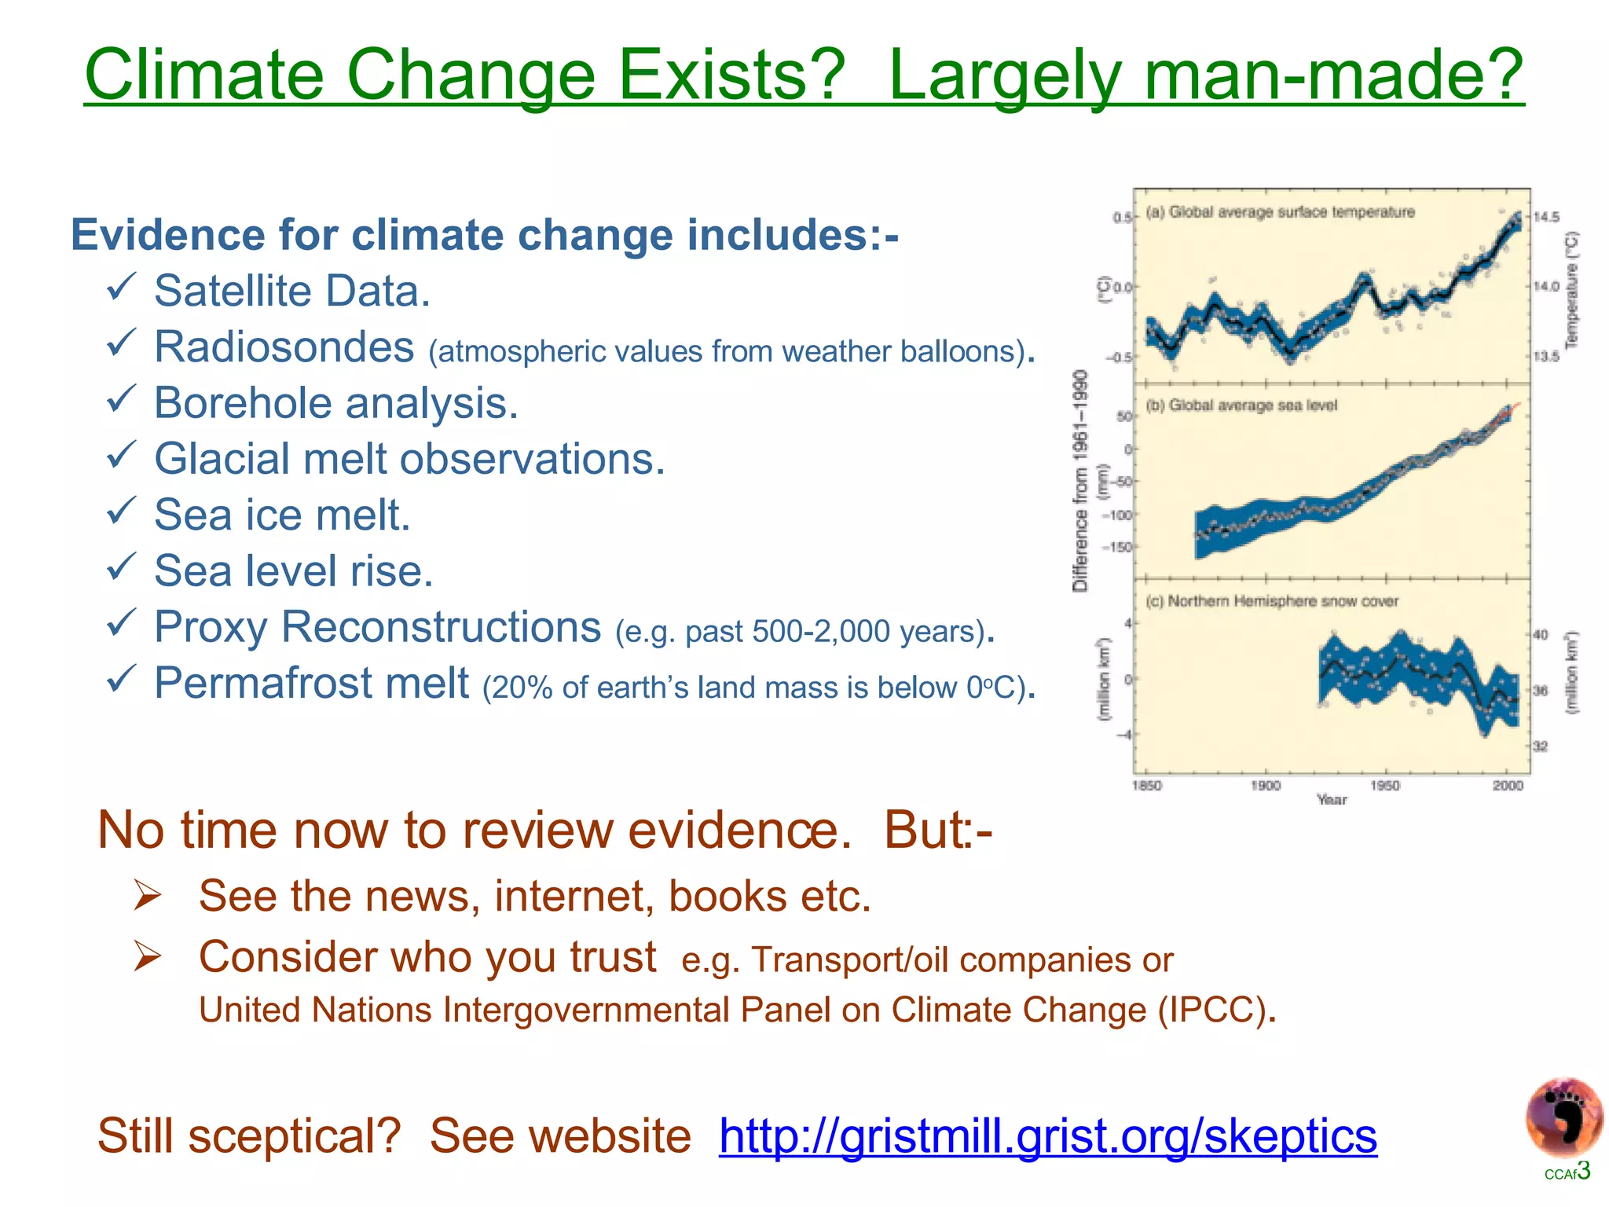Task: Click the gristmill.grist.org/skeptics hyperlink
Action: point(1047,1136)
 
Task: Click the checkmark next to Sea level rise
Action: point(122,567)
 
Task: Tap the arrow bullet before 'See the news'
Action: point(147,895)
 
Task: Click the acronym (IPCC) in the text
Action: point(1213,1010)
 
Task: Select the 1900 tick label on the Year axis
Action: point(1265,785)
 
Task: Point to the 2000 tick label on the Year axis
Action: point(1508,785)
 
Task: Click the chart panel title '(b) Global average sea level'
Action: point(1241,405)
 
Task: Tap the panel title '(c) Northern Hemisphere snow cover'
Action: point(1271,601)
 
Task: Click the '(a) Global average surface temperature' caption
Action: point(1280,212)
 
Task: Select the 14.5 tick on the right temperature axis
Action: point(1546,217)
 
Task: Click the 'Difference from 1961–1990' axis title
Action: point(1081,480)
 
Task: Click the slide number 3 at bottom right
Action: point(1583,1171)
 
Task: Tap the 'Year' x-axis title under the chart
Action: point(1331,799)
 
